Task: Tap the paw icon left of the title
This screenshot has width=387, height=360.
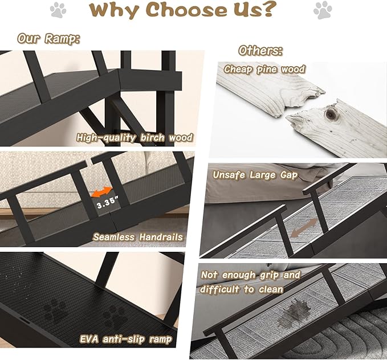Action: pos(58,9)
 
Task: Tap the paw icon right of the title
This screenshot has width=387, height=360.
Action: pos(323,9)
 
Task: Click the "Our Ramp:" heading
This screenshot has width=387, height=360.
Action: pos(48,39)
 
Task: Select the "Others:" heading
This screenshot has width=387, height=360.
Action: pos(260,51)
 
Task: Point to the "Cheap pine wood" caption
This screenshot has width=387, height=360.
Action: pos(264,69)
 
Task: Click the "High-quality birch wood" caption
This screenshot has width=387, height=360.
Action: pos(135,137)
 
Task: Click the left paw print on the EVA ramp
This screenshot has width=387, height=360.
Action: pos(55,311)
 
